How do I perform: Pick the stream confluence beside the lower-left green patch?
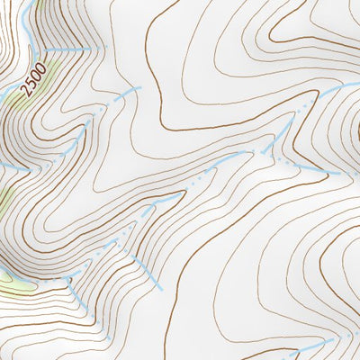tap(67, 281)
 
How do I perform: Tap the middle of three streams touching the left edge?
tap(13, 167)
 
